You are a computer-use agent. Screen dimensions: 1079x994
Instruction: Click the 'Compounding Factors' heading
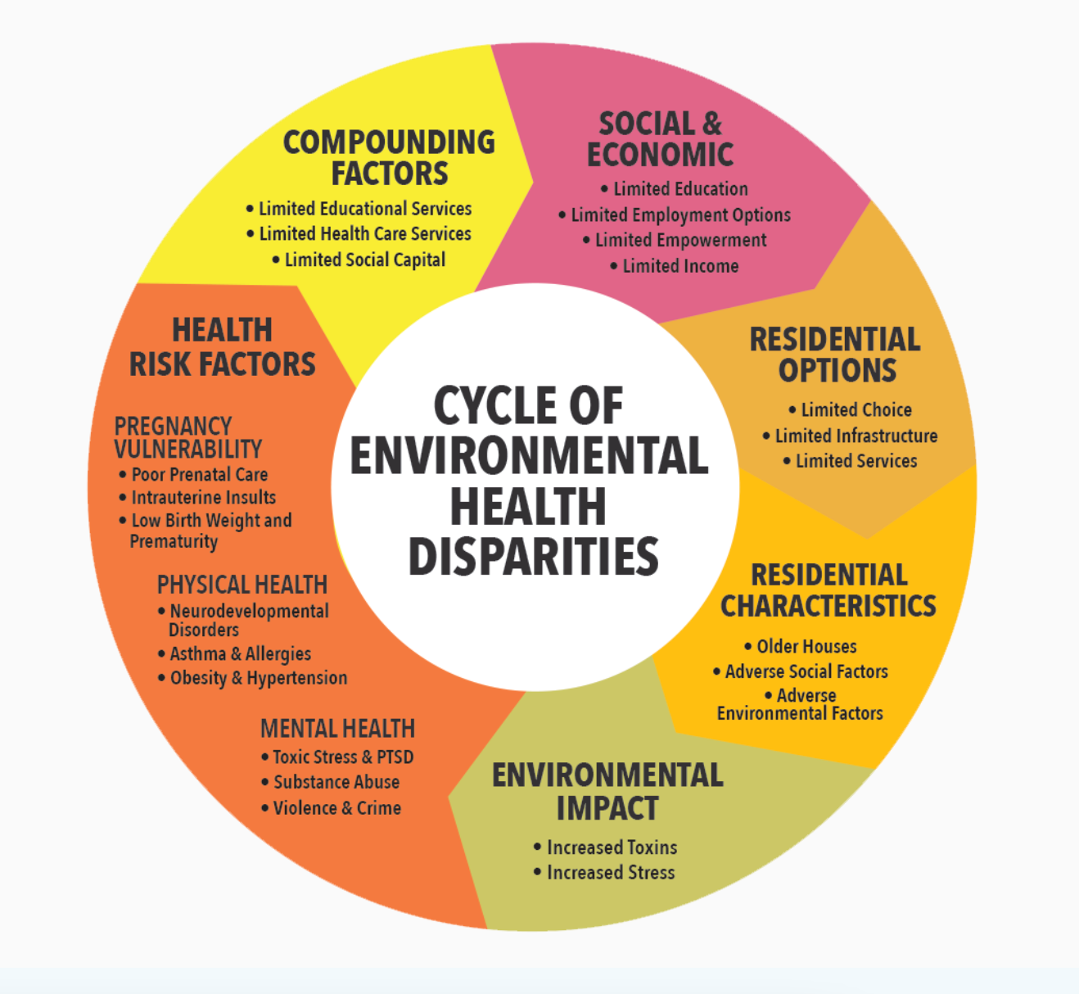[389, 157]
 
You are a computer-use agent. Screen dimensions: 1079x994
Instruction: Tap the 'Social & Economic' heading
[661, 139]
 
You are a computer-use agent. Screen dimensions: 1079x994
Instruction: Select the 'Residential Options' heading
[836, 355]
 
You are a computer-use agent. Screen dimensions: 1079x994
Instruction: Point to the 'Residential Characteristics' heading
[828, 590]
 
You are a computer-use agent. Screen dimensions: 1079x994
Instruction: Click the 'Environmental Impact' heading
[607, 791]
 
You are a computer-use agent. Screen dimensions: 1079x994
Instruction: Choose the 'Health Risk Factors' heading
[222, 347]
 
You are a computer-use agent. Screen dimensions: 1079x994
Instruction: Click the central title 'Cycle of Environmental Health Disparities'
[530, 481]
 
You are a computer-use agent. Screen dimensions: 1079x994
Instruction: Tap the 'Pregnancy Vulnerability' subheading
[187, 437]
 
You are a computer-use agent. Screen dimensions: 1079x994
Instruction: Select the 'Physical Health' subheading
[242, 585]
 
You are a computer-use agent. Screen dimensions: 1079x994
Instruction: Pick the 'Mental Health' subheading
[337, 729]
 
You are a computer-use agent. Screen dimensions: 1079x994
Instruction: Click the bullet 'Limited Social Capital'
[364, 260]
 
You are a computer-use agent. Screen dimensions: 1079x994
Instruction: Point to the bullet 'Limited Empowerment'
[680, 241]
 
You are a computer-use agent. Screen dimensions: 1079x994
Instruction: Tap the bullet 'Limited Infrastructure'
[856, 436]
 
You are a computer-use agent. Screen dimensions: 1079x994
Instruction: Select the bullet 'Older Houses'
[806, 647]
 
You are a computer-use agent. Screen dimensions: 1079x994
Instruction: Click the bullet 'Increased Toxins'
[612, 847]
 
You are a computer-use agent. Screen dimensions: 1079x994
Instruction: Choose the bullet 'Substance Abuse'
[336, 783]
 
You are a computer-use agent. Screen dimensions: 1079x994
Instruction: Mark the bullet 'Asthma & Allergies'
[240, 654]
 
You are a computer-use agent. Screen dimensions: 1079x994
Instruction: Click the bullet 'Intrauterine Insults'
[203, 498]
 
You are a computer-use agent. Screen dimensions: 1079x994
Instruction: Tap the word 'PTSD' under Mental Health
[395, 757]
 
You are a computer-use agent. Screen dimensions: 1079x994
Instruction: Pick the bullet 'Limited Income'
[680, 266]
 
